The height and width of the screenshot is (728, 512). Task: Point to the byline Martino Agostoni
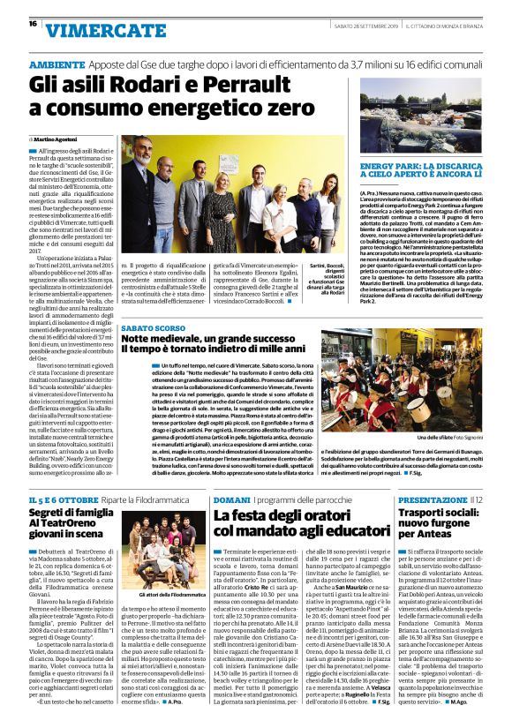pos(58,139)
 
